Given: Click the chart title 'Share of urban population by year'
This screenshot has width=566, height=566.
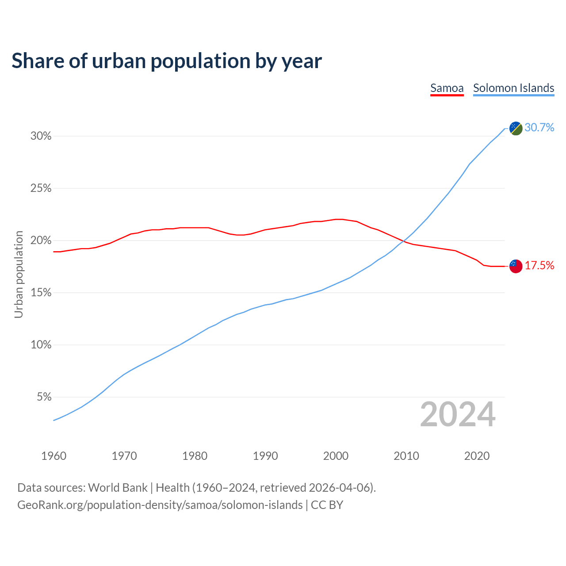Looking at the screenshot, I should (x=167, y=61).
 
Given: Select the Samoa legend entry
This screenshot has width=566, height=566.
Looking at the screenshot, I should (x=447, y=88).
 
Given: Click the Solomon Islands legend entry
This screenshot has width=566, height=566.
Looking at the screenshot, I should (x=513, y=88).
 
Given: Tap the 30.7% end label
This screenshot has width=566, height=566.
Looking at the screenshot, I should (x=539, y=128).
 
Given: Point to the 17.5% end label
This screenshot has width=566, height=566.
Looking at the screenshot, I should (x=539, y=266).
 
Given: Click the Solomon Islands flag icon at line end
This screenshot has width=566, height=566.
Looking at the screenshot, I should (x=516, y=128).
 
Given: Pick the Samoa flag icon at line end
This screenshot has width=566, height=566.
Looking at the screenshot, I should (x=516, y=266).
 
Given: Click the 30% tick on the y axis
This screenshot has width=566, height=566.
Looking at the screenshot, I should (x=41, y=136).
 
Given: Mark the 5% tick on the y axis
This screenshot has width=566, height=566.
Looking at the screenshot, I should (x=44, y=397).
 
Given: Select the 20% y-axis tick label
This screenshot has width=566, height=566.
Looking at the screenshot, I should (x=41, y=241).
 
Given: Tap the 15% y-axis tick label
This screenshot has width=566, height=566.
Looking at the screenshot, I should (x=41, y=293).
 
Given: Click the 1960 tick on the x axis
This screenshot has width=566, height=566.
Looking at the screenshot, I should (x=54, y=456).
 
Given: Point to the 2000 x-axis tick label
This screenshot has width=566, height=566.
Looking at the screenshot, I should (x=336, y=456).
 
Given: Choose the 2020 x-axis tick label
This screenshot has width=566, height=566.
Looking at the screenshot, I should (x=477, y=456).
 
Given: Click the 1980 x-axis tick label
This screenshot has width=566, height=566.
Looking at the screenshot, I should (x=195, y=456).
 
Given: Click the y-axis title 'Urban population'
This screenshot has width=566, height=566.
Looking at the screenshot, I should (x=19, y=274).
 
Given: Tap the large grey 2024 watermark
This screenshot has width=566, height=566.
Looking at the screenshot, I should (x=458, y=414).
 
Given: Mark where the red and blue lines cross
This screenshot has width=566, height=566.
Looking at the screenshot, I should (x=403, y=241).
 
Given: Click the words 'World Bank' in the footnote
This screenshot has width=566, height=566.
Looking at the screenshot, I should (x=118, y=488).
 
